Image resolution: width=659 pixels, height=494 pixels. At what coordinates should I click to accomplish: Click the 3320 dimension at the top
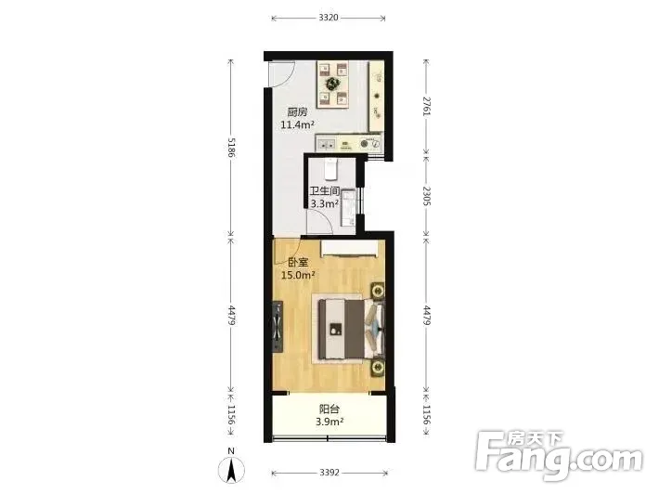(329, 18)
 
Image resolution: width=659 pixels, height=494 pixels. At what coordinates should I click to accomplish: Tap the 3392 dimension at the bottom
(329, 473)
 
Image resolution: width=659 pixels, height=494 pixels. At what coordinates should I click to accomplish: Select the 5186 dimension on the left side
(231, 147)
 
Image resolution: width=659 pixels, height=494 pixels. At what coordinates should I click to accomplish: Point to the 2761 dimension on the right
(426, 107)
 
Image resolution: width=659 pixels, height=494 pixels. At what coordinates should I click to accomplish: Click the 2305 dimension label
(426, 196)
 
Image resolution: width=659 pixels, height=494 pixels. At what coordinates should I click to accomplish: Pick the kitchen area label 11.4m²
(298, 124)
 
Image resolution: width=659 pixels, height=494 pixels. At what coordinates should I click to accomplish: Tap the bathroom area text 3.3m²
(325, 204)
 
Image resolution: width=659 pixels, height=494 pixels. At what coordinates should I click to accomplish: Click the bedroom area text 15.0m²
(298, 276)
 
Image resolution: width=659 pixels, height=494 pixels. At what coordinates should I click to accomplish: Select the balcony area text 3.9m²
(329, 422)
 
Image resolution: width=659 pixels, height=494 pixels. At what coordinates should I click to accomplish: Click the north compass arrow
(231, 470)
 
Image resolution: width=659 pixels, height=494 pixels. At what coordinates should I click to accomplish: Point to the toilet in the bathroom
(331, 169)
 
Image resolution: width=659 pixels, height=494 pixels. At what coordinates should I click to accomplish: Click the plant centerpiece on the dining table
(333, 83)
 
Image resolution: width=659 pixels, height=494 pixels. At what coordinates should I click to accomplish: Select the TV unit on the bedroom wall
(277, 327)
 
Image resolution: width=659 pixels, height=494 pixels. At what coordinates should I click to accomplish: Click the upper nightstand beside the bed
(378, 291)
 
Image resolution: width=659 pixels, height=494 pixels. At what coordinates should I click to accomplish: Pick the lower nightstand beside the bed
(378, 368)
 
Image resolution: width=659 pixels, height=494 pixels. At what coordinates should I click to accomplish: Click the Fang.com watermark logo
(559, 455)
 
